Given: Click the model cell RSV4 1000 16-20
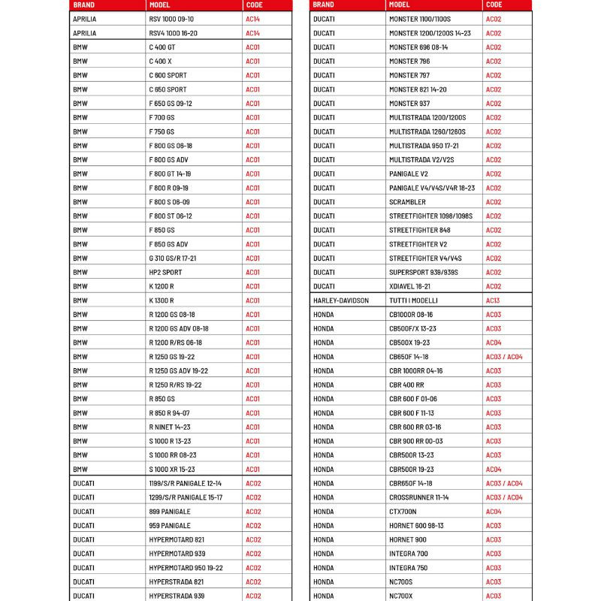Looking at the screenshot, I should pos(174,33).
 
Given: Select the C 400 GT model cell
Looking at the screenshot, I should pos(162,47).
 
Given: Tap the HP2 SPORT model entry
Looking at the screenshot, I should pos(165,273).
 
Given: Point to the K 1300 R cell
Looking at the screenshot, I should pos(162,300).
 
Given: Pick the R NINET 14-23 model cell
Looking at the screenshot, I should pos(170,427).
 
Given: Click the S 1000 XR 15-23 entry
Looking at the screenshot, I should pos(172,469).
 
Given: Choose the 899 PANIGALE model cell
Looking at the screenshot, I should pos(170,512).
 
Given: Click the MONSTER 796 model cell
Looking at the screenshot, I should pos(409,62).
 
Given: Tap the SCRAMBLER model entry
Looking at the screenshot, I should pos(407,202).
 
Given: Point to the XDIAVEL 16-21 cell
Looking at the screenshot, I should pos(410,286).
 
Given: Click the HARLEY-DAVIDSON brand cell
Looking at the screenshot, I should pos(341,300).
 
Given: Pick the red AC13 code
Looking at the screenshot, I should pos(493,300).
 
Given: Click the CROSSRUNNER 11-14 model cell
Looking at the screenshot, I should pos(418,497).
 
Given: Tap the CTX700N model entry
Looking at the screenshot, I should pos(403,512).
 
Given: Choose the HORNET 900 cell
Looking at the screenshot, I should pos(408,539).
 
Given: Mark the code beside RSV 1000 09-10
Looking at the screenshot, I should pos(252,19).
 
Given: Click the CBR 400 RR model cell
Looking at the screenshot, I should pos(406,385).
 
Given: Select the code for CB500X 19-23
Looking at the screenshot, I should pos(493,343).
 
